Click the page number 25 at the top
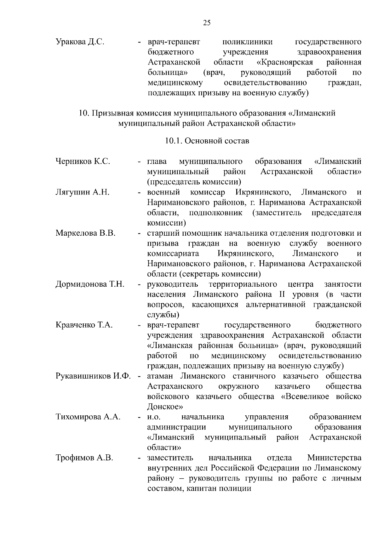(x=207, y=23)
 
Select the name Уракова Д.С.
(x=80, y=42)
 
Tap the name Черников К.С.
(x=83, y=162)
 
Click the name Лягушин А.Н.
(x=82, y=192)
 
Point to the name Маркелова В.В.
(x=86, y=233)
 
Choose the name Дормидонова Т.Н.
(x=90, y=284)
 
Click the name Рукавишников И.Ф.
(x=93, y=376)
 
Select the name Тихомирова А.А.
(x=88, y=417)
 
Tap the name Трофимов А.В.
(x=84, y=458)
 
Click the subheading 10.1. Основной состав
(x=207, y=141)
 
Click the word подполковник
(x=216, y=213)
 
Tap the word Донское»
(x=165, y=407)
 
